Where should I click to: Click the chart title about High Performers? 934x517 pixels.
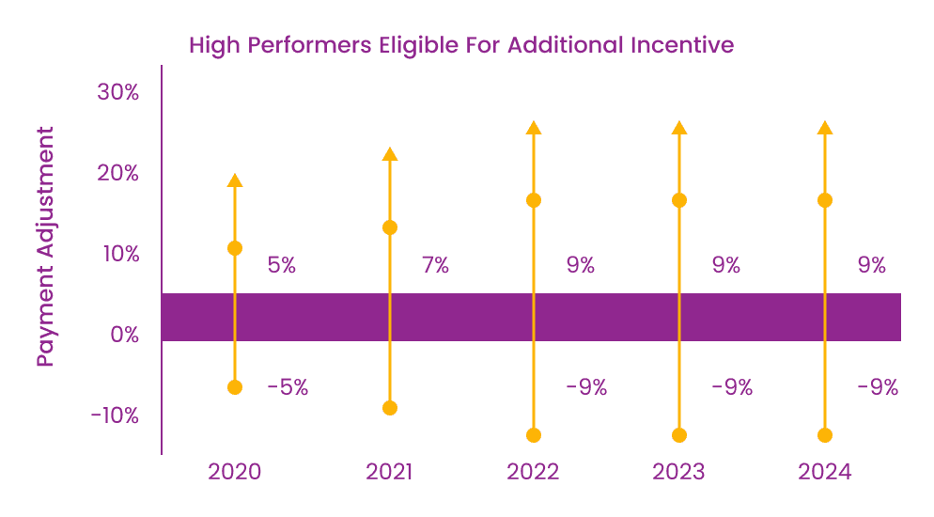460,45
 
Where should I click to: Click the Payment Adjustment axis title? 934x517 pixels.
45,246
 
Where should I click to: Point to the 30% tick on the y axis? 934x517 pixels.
118,92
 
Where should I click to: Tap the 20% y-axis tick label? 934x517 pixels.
118,173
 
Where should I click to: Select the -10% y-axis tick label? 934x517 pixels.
115,415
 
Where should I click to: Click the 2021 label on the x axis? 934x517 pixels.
389,472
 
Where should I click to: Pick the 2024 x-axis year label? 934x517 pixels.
824,472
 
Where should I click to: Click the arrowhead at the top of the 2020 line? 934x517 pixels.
235,180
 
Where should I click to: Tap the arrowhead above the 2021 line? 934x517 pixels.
390,154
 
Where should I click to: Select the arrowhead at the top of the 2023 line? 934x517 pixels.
679,128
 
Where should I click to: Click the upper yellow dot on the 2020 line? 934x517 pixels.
235,248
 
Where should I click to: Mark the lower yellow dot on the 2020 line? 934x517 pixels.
235,387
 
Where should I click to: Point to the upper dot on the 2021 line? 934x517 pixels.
390,227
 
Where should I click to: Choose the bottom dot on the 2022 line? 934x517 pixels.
534,435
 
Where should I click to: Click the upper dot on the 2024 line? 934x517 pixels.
825,200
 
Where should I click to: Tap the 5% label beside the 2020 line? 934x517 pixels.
282,265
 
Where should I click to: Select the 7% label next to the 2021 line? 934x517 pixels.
435,265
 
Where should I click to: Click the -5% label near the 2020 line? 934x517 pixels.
287,386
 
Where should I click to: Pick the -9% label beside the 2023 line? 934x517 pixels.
731,386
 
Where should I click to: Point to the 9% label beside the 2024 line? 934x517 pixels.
872,265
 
